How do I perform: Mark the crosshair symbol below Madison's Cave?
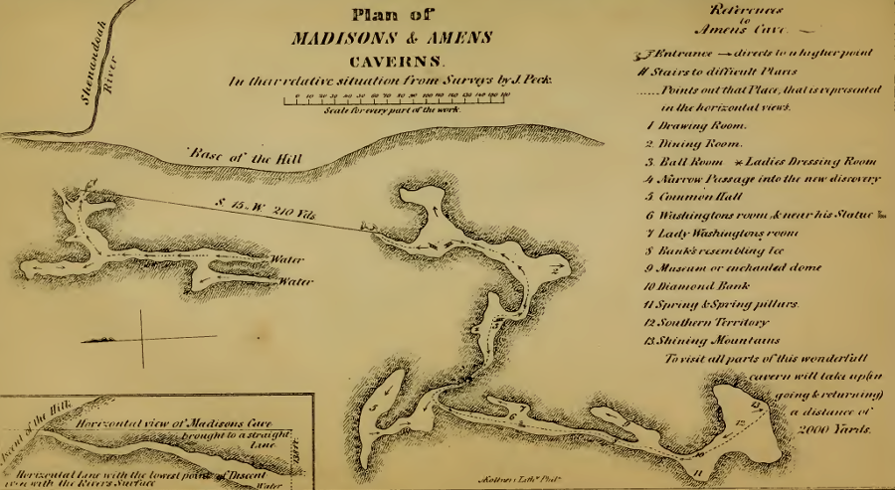(141, 339)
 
